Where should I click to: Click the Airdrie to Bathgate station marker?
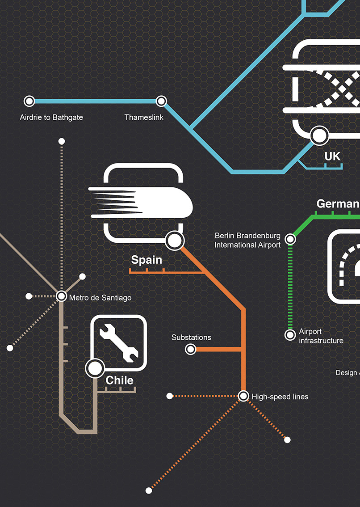[29, 101]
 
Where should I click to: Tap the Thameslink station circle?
[161, 101]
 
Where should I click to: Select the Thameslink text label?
[144, 118]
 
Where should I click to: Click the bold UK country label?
[332, 156]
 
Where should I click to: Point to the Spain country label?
[147, 260]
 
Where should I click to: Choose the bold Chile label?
[119, 380]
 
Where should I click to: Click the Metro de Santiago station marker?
[61, 296]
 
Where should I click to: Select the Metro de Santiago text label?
[100, 297]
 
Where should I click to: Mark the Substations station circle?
[191, 349]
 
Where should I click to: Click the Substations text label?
[191, 338]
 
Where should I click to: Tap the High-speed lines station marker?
[243, 396]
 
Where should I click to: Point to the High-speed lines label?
[280, 397]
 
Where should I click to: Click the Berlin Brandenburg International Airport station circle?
[290, 239]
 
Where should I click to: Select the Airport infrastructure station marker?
[290, 334]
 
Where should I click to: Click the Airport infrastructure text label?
[321, 336]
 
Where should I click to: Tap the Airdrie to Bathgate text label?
[51, 118]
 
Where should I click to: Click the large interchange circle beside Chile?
[95, 368]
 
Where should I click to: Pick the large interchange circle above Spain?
[174, 241]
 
